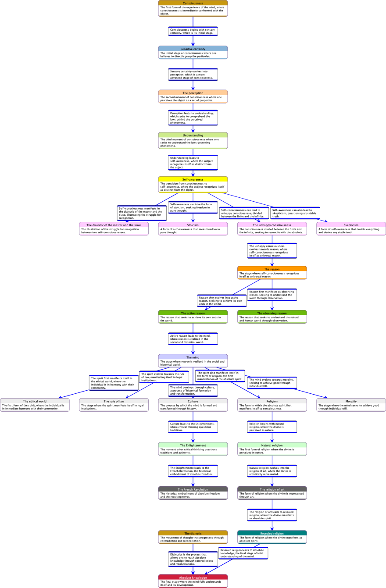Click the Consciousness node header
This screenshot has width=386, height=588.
tap(193, 3)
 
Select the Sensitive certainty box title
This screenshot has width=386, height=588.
tap(193, 49)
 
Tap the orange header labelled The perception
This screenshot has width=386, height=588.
tap(193, 93)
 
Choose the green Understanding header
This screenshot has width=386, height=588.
tap(193, 135)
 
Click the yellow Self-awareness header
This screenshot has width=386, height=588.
tap(193, 179)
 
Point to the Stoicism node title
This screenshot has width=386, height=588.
tap(193, 225)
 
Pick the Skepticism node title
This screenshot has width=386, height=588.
tap(351, 225)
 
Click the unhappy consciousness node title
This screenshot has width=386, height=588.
tap(272, 225)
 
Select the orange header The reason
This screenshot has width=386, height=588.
tap(272, 269)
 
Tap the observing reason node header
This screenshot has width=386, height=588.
tap(272, 313)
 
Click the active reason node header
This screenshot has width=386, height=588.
tap(193, 313)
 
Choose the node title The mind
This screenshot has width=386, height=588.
tap(193, 357)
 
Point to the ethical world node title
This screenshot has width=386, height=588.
tap(35, 401)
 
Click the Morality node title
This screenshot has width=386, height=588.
tap(351, 401)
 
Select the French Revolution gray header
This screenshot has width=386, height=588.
tap(193, 489)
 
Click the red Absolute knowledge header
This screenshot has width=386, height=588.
tap(193, 577)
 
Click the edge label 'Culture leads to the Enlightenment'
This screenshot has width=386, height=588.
tap(193, 427)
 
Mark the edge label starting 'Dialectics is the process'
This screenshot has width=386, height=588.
tap(193, 559)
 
